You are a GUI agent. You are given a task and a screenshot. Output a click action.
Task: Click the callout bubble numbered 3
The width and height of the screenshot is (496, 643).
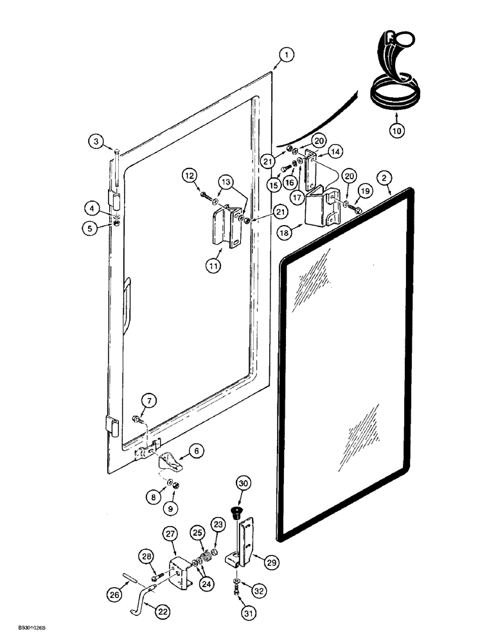coord(96,141)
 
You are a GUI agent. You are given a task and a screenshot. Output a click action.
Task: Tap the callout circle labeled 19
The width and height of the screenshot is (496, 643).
coord(364,192)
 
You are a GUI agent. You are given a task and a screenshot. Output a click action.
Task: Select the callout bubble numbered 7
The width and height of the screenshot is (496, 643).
coord(149,402)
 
